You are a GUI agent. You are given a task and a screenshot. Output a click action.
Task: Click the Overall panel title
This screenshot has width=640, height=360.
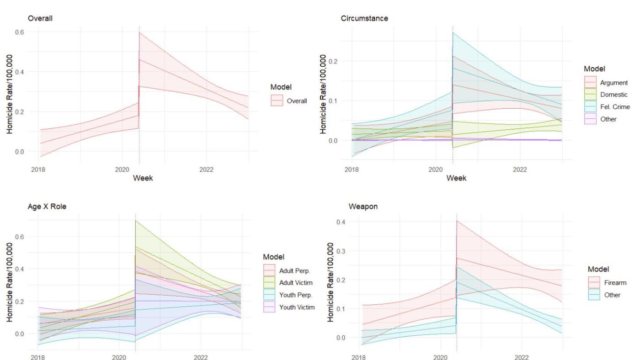38,18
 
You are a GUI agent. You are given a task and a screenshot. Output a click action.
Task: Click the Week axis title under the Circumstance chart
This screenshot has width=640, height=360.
456,178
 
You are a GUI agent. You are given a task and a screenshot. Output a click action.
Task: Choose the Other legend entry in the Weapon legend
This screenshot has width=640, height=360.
611,295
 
